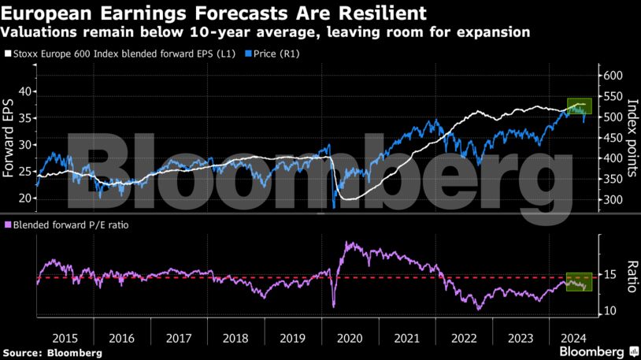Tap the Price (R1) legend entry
click(x=267, y=54)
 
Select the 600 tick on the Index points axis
click(x=614, y=76)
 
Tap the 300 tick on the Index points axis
click(x=614, y=200)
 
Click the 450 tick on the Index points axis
click(x=614, y=138)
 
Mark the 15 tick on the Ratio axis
click(x=610, y=274)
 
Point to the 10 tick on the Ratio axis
click(x=610, y=311)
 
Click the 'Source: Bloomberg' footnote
click(x=52, y=352)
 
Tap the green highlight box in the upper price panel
click(x=579, y=106)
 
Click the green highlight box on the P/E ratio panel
click(x=579, y=281)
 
